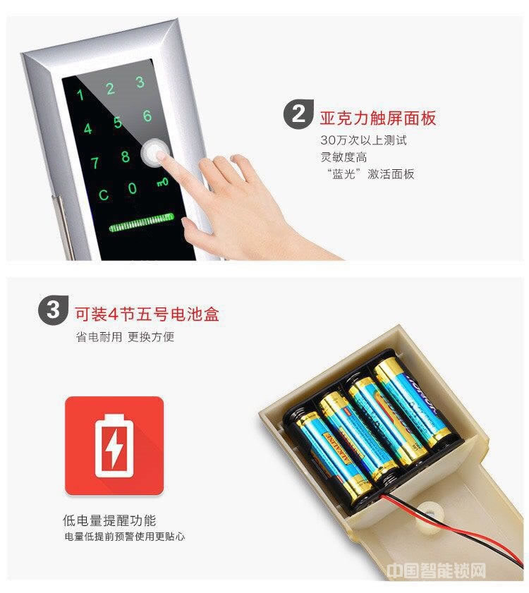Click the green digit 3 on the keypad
pos(140,82)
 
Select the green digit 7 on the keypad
pos(95,164)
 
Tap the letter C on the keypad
pos(103,195)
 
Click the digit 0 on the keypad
pos(133,188)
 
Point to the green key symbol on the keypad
pos(162,182)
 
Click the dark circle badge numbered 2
pos(298,116)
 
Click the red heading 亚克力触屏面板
pos(378,117)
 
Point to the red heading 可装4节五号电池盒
pos(147,312)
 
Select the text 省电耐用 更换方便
pos(125,337)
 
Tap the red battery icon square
pos(114,446)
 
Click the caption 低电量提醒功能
pos(109,521)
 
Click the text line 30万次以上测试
pos(363,140)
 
